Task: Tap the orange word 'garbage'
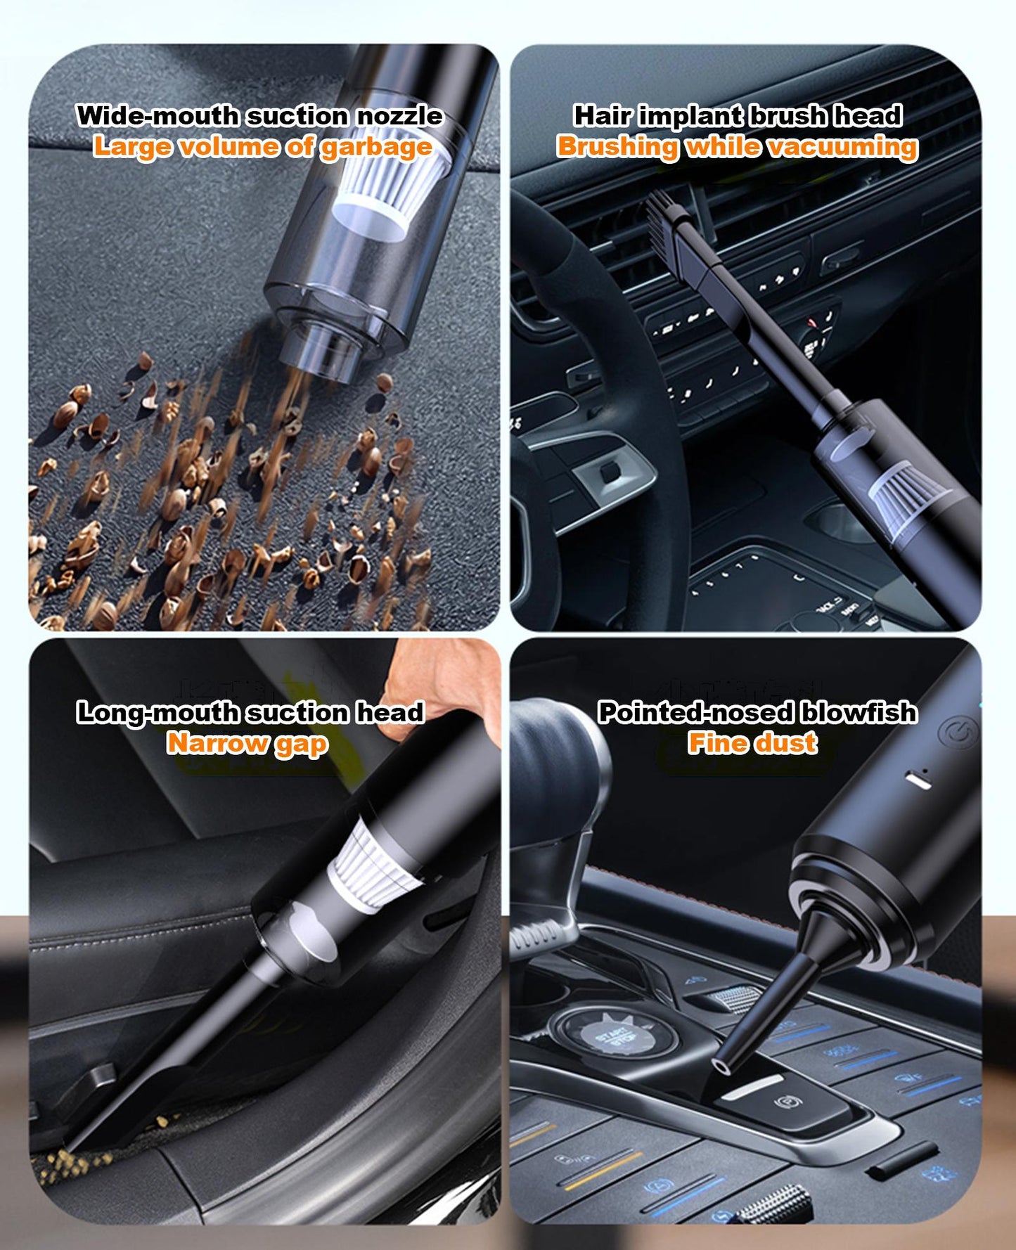[376, 147]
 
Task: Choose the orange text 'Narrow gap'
[247, 743]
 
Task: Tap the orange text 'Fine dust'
[752, 742]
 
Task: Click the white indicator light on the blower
[918, 780]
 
